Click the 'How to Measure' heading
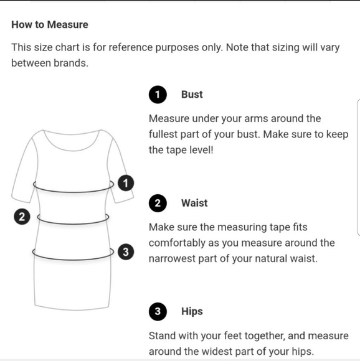[x=50, y=25]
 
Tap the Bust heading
[x=192, y=95]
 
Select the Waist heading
[x=194, y=203]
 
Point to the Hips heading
[x=192, y=311]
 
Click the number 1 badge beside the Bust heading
[x=158, y=95]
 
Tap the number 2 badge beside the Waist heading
[x=158, y=203]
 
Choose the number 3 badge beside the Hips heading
[x=158, y=311]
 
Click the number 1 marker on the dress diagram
[x=126, y=183]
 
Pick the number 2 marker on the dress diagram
[x=22, y=217]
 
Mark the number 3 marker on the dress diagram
[x=126, y=251]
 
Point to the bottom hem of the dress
[x=72, y=309]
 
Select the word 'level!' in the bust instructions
[x=201, y=150]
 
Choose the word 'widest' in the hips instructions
[x=216, y=352]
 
